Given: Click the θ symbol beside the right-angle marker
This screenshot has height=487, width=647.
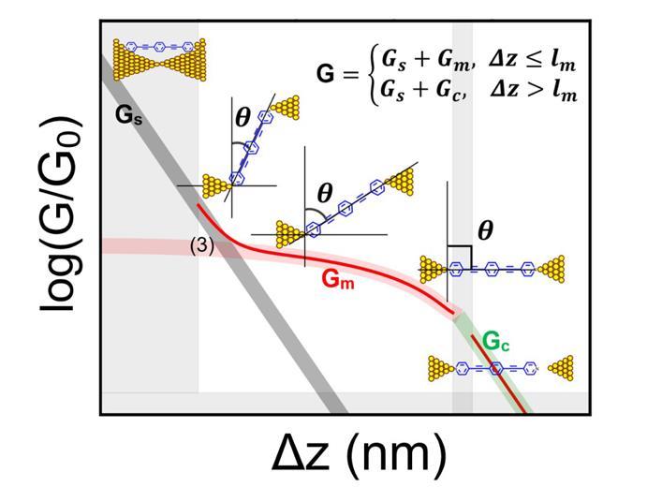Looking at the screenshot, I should [x=485, y=230].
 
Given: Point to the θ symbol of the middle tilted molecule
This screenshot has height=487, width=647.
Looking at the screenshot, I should [x=325, y=193].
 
